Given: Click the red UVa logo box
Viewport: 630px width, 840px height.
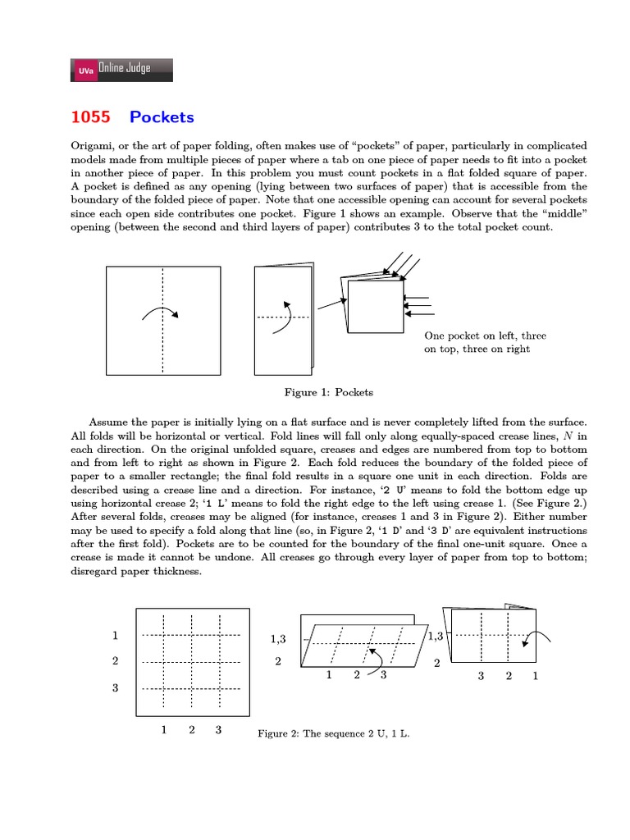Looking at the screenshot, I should pyautogui.click(x=85, y=71).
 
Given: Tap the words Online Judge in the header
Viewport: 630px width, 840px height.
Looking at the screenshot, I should pyautogui.click(x=124, y=69).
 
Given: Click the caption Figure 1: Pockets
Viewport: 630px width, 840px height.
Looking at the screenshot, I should pyautogui.click(x=328, y=392).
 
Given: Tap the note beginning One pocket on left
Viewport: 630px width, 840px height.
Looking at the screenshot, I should pyautogui.click(x=485, y=342).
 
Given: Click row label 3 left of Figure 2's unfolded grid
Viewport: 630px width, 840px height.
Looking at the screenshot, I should pyautogui.click(x=116, y=687).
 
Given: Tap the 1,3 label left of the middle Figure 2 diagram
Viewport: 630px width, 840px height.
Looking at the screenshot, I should pyautogui.click(x=277, y=639).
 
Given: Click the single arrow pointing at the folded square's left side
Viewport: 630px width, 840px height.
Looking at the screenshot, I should pyautogui.click(x=330, y=304).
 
